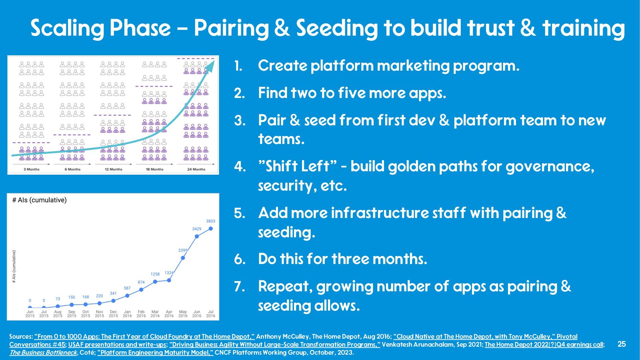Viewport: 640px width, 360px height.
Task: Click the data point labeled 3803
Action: pos(211,229)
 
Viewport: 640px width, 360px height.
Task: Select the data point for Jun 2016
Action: pos(197,236)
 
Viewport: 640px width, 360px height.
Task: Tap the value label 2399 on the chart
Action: pos(183,250)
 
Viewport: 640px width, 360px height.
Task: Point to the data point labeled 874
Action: pos(141,290)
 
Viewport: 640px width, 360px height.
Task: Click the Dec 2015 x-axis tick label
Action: pos(113,314)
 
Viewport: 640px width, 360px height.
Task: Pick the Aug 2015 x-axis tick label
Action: pos(58,314)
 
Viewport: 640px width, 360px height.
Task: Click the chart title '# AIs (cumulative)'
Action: pos(39,200)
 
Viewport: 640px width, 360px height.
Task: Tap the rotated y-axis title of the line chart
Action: pos(14,267)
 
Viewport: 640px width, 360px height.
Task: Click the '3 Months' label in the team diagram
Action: pos(31,169)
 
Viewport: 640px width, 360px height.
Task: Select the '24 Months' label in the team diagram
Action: pos(196,169)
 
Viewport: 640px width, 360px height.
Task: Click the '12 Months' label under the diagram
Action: pos(113,169)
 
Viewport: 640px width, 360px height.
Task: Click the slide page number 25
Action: pos(622,344)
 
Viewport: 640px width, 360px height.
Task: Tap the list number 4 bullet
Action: pos(240,166)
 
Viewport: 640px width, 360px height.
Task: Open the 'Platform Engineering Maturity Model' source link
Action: pos(155,352)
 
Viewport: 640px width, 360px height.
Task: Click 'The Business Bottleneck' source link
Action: pos(43,352)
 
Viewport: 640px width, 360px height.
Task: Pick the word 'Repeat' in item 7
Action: pos(285,287)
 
